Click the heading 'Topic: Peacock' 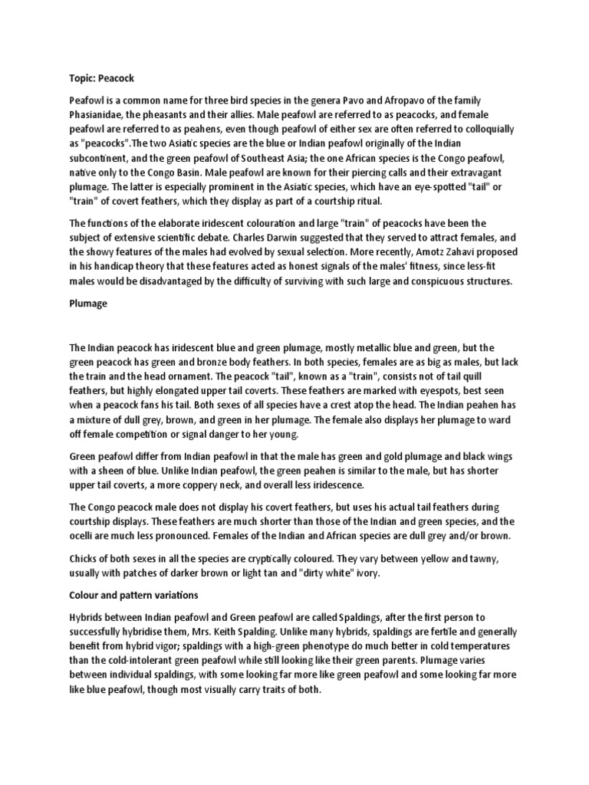(101, 78)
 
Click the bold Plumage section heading (90, 304)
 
